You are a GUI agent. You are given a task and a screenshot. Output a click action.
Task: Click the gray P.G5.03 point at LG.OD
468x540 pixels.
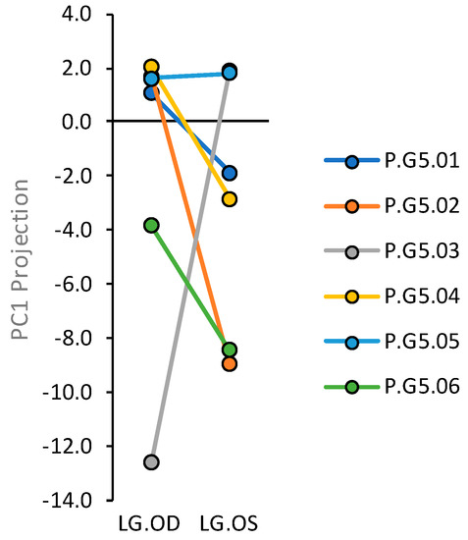point(151,461)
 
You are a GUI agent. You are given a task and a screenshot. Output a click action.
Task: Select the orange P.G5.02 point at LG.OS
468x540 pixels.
point(229,363)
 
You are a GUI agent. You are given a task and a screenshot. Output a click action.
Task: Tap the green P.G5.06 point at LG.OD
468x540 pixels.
point(151,225)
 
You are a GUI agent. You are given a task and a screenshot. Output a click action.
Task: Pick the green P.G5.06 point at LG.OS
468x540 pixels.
point(229,350)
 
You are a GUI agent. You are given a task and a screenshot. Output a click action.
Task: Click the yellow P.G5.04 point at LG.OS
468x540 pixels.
point(229,199)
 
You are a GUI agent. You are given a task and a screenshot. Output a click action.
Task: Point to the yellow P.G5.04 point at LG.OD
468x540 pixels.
point(151,67)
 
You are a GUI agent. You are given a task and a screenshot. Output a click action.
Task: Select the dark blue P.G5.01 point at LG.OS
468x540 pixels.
point(229,173)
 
